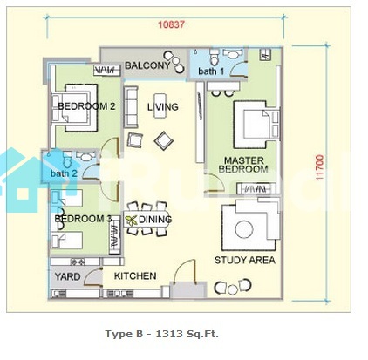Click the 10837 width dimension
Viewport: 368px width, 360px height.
pos(171,24)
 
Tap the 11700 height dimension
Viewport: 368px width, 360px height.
pos(319,167)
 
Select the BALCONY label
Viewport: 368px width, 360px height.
pos(147,65)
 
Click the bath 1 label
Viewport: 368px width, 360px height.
pos(211,71)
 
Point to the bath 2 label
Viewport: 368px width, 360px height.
pos(64,173)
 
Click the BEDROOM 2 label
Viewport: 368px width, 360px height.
pos(86,106)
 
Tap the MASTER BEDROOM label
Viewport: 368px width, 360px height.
pos(243,165)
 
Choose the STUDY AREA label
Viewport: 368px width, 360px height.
pos(245,260)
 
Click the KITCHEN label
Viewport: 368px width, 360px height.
pos(135,276)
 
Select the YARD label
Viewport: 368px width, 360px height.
pos(67,276)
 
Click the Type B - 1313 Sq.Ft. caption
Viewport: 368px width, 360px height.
pos(161,334)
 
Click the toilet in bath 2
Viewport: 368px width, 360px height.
pos(67,159)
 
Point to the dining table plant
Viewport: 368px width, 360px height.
pos(132,221)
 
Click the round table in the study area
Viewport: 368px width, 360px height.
pos(244,229)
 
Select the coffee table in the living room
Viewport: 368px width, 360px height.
pos(160,105)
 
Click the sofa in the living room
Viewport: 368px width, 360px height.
pos(131,107)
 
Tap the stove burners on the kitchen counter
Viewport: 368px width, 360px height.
pos(78,262)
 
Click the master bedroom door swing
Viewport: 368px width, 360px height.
pos(215,182)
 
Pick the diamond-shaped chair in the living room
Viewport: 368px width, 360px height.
pos(164,141)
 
